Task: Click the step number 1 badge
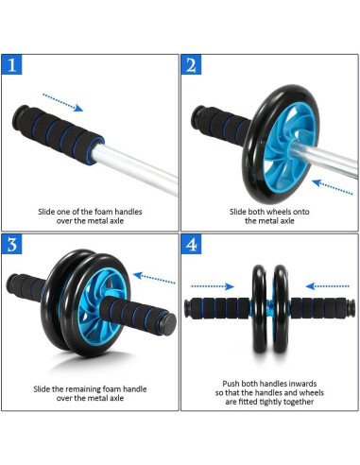[11, 65]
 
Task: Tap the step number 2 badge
[192, 65]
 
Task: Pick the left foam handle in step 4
[220, 309]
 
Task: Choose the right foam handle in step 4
[318, 309]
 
